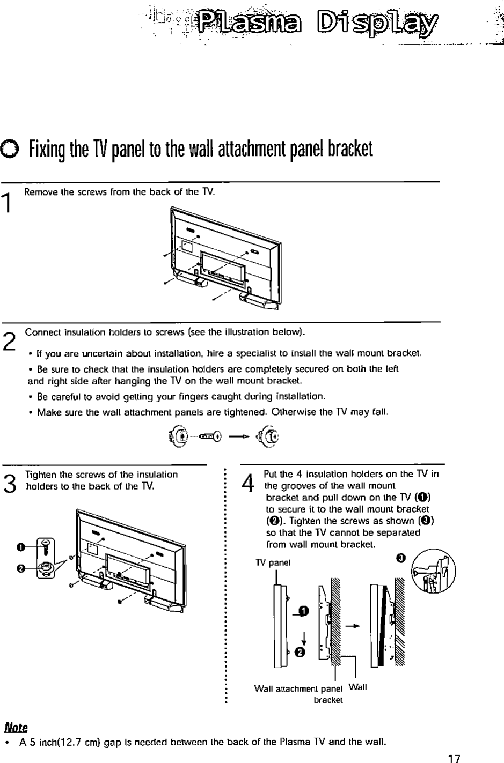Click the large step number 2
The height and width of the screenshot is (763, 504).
8,340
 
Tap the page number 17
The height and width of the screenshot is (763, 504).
454,758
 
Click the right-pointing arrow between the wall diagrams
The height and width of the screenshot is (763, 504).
352,625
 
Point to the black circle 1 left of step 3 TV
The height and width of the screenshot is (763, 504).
20,546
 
